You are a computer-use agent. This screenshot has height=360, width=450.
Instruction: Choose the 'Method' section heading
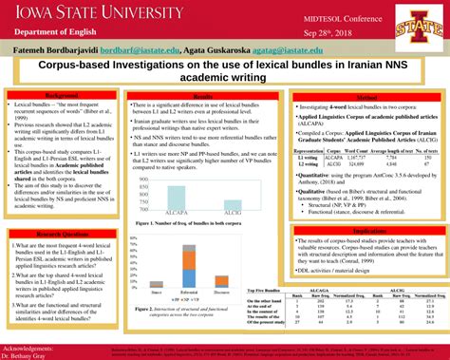[367, 97]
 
